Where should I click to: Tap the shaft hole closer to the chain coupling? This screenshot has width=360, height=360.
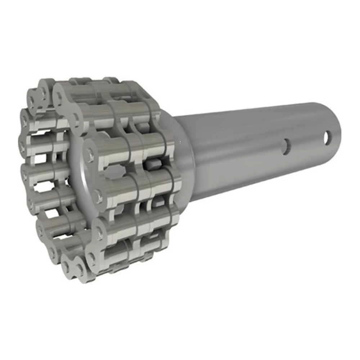(286, 147)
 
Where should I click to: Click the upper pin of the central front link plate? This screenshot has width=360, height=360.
(89, 155)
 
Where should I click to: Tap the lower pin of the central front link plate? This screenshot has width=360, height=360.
(97, 196)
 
